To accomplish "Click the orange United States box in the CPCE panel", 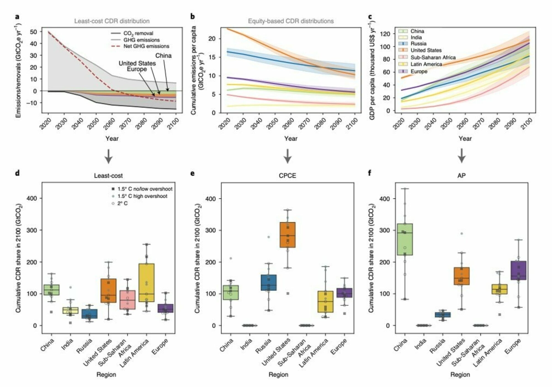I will [x=288, y=235].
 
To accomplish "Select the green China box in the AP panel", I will [x=405, y=239].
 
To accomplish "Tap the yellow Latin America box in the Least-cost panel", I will [x=147, y=283].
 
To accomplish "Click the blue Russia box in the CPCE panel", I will [x=269, y=282].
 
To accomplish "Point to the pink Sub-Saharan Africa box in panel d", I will [x=127, y=300].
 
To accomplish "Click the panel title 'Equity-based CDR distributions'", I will [x=291, y=21].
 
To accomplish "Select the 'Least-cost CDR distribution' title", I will [x=112, y=21].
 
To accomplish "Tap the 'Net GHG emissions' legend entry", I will [x=146, y=46].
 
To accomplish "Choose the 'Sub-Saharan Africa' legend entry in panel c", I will [x=433, y=57].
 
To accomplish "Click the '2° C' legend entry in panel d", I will [x=123, y=203].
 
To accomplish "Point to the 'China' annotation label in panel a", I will [x=163, y=55].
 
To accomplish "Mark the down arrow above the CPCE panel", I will [x=288, y=156].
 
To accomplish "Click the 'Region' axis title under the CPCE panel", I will [x=278, y=375].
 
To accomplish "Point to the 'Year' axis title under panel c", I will [x=465, y=139].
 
